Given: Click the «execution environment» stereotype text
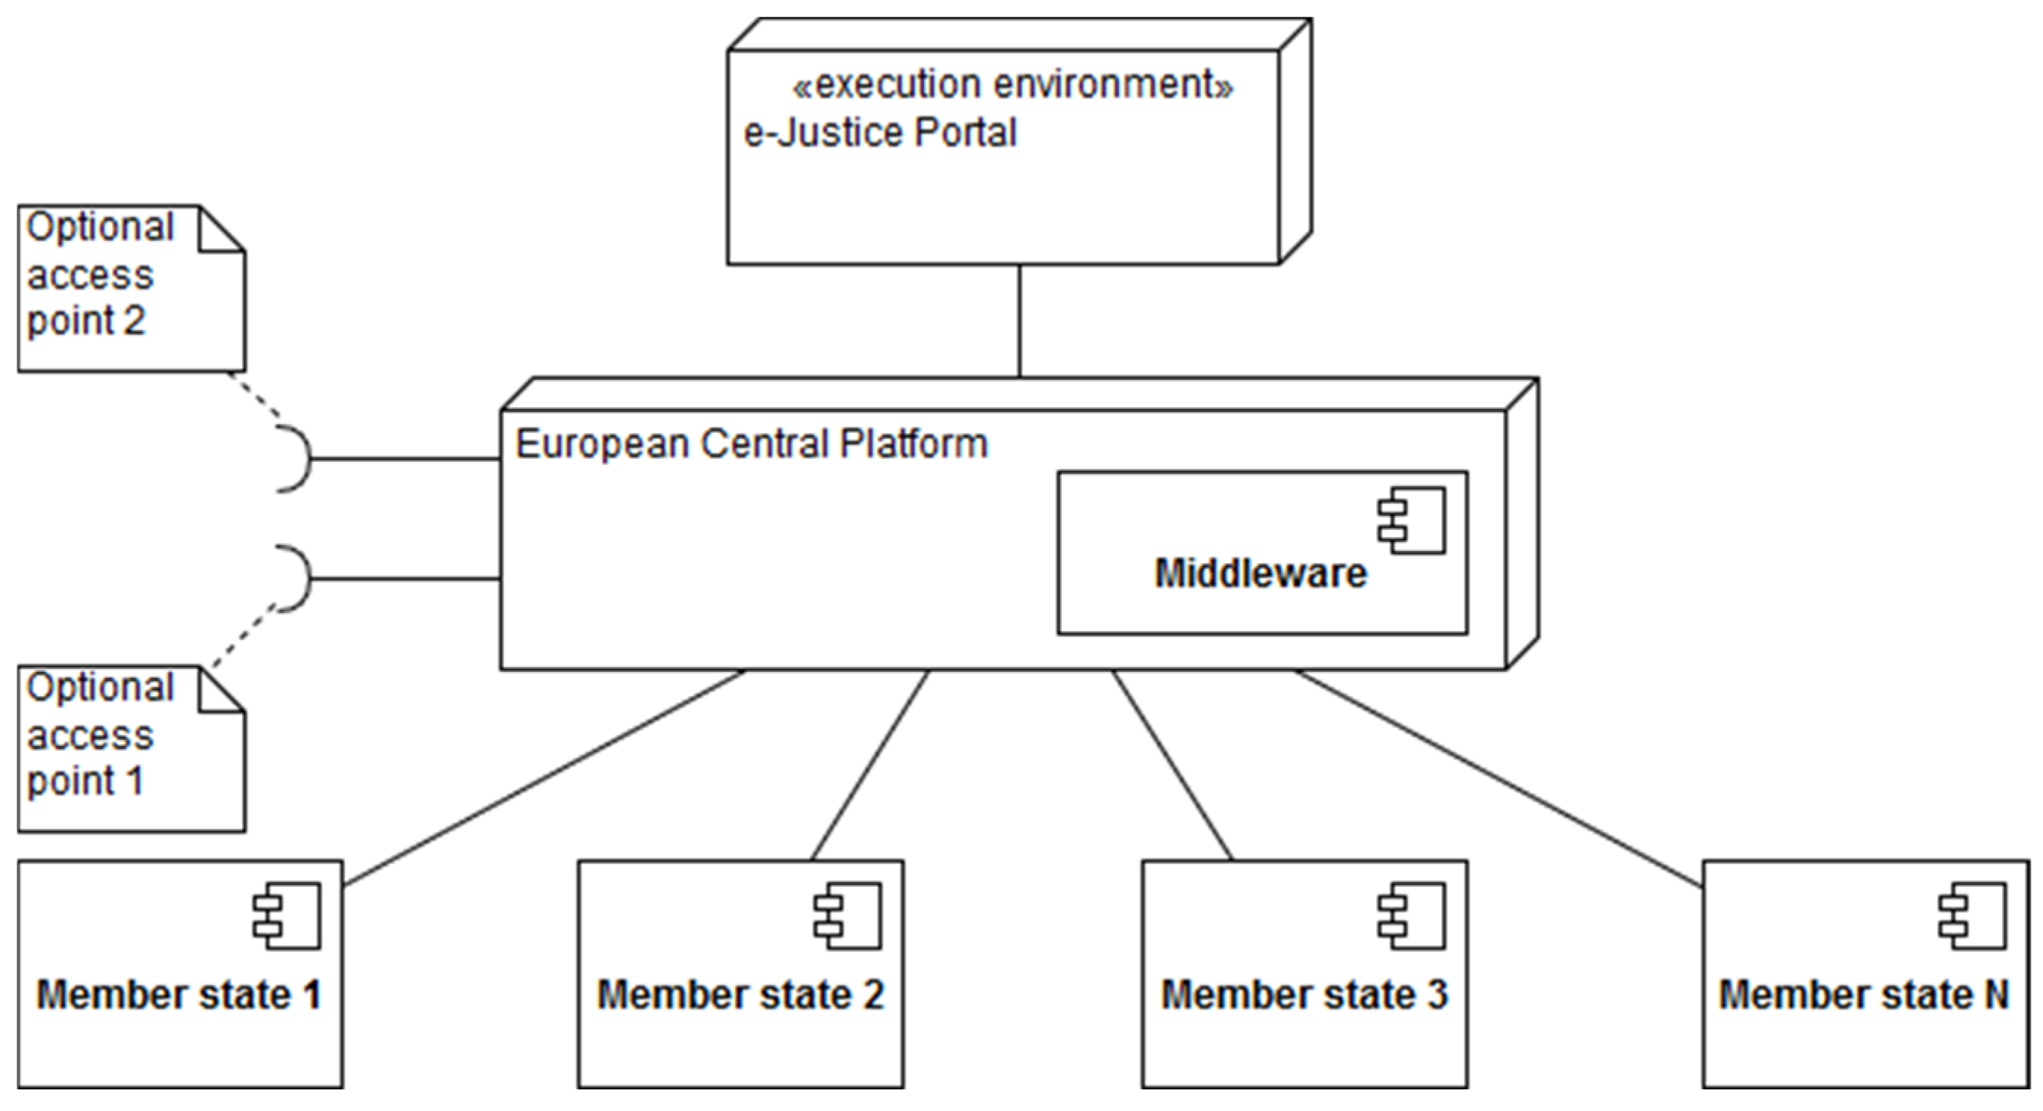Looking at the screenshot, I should coord(1012,84).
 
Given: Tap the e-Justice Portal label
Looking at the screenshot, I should coord(879,132).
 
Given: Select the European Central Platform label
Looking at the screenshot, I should coord(751,444).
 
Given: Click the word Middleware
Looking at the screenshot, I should coord(1260,573).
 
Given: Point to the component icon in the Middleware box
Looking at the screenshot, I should coord(1412,520).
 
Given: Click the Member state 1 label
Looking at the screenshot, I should coord(179,995).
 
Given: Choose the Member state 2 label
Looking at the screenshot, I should coord(740,995).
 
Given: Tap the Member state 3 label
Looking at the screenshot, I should coord(1304,995).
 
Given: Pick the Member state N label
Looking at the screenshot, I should coord(1864,995).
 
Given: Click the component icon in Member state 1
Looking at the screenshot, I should coord(287,916).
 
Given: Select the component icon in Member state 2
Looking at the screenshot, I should coord(848,916).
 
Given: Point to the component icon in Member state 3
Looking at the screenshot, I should coord(1412,916).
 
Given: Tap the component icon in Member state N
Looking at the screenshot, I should coord(1973,916).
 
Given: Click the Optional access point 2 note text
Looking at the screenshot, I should coord(99,274).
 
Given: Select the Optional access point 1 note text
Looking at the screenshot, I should coord(99,735).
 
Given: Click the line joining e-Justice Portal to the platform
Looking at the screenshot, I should coord(1019,321).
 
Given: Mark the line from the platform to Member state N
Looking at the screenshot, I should coord(1499,778).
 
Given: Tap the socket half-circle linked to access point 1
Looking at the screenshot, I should coord(299,579).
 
